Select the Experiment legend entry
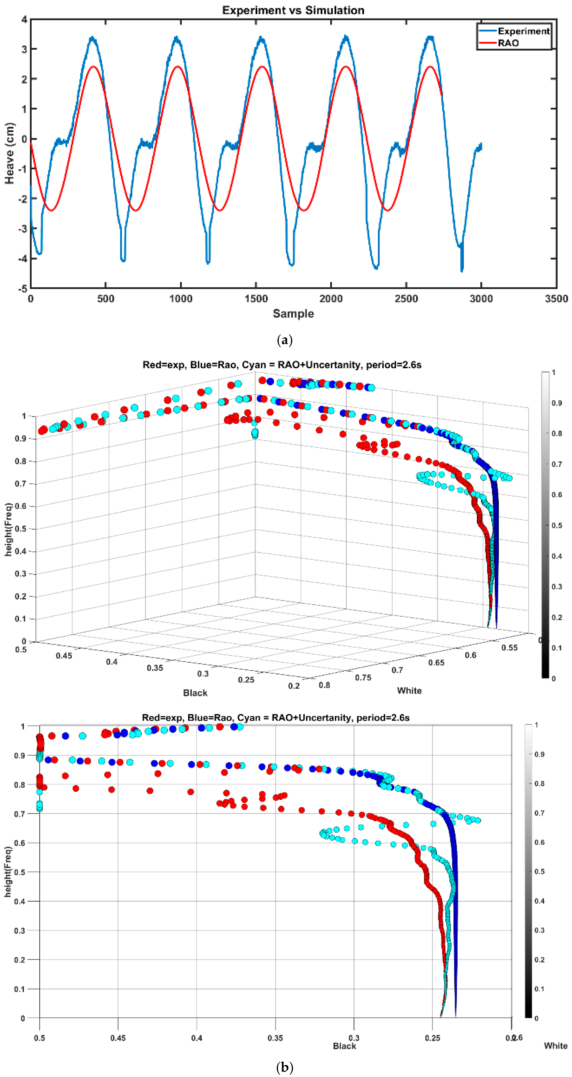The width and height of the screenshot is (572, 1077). point(523,31)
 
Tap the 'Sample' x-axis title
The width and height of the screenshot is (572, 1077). point(293,314)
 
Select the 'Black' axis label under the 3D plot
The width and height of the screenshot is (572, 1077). point(195,693)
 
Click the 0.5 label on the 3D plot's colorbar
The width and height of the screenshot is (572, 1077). point(556,525)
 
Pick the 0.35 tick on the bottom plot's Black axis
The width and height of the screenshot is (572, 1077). point(275,1038)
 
